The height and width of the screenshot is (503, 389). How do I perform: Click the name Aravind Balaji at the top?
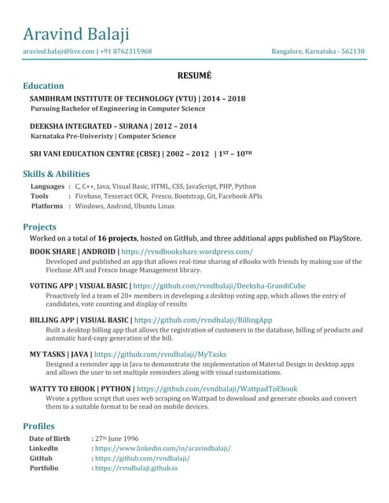76,34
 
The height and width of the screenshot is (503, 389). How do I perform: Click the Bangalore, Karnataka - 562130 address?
317,51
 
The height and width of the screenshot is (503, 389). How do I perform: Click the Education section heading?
43,86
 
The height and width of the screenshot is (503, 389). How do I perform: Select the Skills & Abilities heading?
56,174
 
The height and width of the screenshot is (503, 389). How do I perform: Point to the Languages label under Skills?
47,186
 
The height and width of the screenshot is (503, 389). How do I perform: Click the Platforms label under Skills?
47,206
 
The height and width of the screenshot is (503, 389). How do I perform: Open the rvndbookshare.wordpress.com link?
187,251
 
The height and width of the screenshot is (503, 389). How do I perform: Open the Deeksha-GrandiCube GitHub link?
219,286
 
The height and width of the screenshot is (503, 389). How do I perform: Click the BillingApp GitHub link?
203,321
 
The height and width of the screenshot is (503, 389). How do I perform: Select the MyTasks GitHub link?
163,354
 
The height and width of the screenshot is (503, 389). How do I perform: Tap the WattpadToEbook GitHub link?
216,389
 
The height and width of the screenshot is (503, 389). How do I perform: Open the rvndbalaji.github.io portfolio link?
136,468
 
